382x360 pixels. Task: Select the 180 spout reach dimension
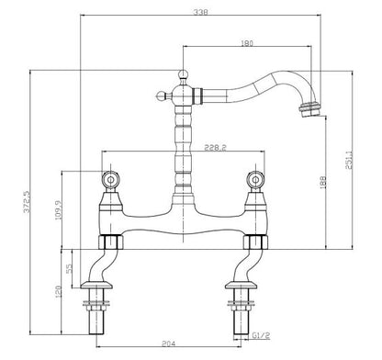coord(247,42)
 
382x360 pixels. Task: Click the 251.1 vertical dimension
coord(352,159)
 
